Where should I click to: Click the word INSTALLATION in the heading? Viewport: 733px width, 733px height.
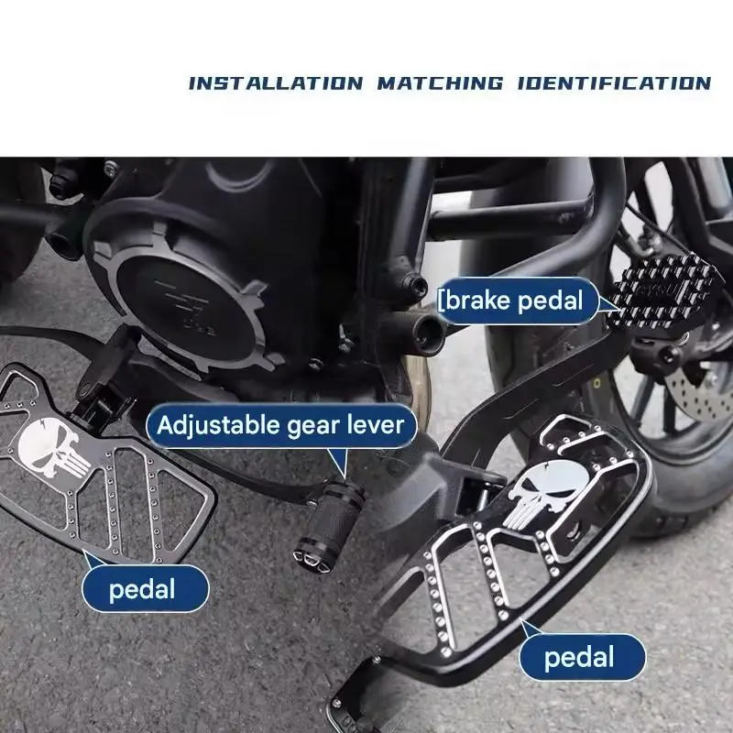[x=276, y=83]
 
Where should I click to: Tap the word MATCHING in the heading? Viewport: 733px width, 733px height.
[x=441, y=83]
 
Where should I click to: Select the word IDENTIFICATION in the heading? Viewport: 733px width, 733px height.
[x=614, y=83]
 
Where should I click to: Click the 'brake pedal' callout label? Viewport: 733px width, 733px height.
[x=517, y=301]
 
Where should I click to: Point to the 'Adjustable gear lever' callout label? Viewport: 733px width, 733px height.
[x=281, y=425]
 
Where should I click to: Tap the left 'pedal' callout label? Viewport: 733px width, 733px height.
[x=145, y=588]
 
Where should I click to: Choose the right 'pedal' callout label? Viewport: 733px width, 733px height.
[x=582, y=657]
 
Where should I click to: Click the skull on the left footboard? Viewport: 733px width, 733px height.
[x=52, y=448]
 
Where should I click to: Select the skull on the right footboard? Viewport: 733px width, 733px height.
[x=547, y=491]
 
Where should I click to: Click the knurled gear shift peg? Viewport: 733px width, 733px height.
[x=330, y=522]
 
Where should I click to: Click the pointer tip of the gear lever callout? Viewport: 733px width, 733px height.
[x=345, y=478]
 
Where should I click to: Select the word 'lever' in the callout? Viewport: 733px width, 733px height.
[x=376, y=424]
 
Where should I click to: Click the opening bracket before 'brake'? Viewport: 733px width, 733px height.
[x=440, y=301]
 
